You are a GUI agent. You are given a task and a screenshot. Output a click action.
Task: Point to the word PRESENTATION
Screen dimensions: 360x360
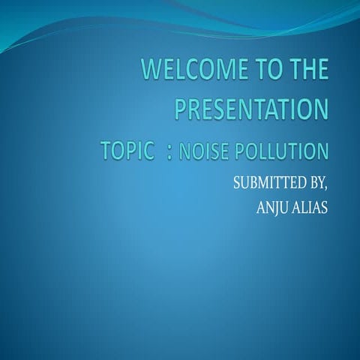pyautogui.click(x=252, y=111)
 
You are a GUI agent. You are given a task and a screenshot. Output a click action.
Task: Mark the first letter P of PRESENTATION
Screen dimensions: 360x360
pyautogui.click(x=180, y=111)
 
